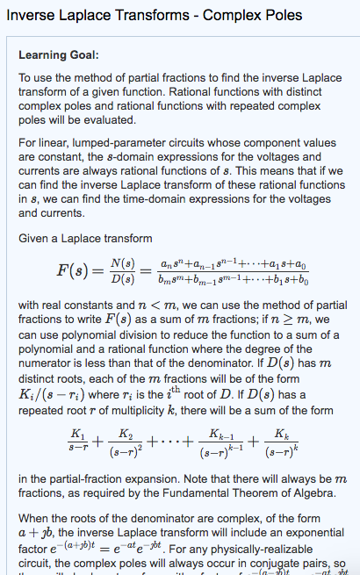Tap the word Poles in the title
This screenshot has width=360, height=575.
(278, 15)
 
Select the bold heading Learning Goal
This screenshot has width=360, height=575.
(57, 55)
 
